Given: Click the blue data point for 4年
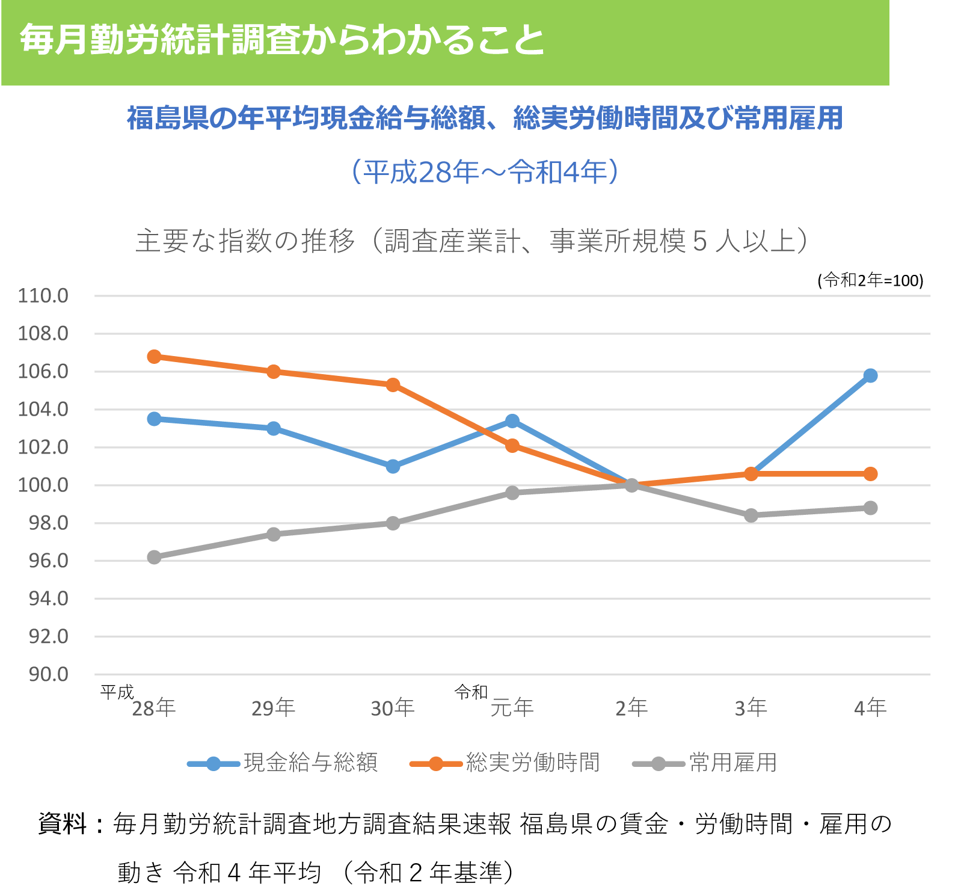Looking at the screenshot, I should click(x=870, y=376).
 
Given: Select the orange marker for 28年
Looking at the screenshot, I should click(x=154, y=357).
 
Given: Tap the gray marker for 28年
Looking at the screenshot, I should click(x=154, y=558).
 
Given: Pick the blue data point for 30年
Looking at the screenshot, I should click(x=393, y=466).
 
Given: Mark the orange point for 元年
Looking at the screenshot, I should click(x=512, y=446).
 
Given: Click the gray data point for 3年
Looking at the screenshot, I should click(x=751, y=515).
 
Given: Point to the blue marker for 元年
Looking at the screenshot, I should click(x=512, y=421).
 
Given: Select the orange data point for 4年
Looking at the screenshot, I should click(x=870, y=474).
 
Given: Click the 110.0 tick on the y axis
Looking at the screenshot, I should click(x=43, y=296).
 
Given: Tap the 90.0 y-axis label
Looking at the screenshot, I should click(x=48, y=674).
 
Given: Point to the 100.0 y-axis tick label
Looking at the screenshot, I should click(x=43, y=485).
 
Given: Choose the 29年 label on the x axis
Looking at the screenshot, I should click(x=273, y=708).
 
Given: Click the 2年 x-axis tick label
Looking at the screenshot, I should click(x=631, y=708).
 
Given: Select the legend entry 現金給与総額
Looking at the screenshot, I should click(x=310, y=763).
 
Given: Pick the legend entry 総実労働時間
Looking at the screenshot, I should click(x=533, y=763).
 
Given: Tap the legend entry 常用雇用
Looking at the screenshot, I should click(x=732, y=763).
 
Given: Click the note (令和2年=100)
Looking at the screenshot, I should click(x=870, y=280).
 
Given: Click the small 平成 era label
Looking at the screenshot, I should click(x=117, y=692).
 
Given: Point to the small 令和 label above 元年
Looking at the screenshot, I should click(x=471, y=692).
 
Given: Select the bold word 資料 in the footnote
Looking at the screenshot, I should click(x=63, y=823).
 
